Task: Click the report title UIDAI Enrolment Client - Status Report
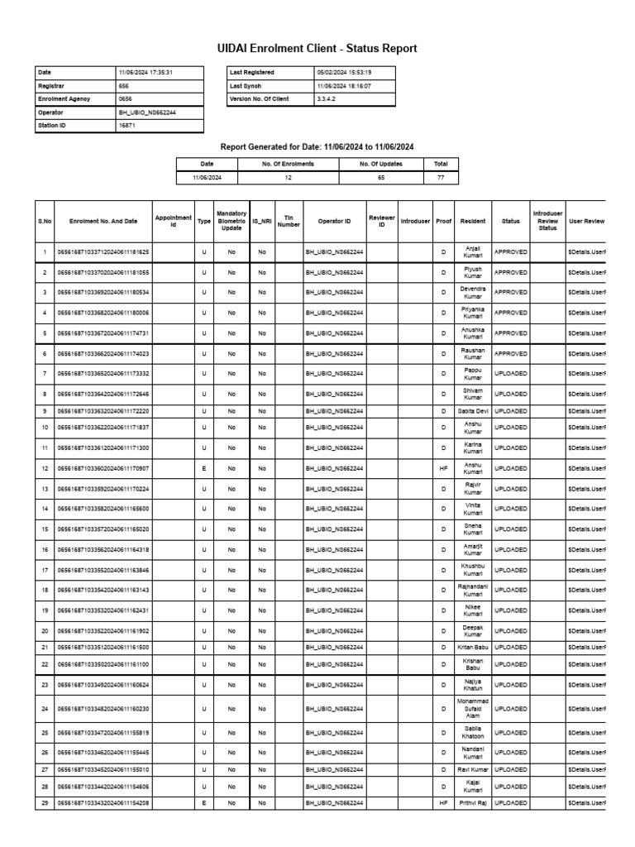317,50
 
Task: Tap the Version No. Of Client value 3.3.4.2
327,99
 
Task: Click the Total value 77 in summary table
441,177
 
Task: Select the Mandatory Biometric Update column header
232,220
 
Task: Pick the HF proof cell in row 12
443,469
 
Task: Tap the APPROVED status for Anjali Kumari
510,251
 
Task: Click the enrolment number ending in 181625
103,251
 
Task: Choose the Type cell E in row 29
203,803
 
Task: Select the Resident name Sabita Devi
473,410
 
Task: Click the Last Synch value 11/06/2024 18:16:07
344,86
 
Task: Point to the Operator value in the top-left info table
148,112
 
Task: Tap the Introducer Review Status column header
547,220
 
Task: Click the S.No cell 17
45,570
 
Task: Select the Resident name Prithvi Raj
473,803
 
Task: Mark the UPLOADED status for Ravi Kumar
510,769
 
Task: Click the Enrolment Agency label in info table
67,99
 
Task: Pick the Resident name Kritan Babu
473,646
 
